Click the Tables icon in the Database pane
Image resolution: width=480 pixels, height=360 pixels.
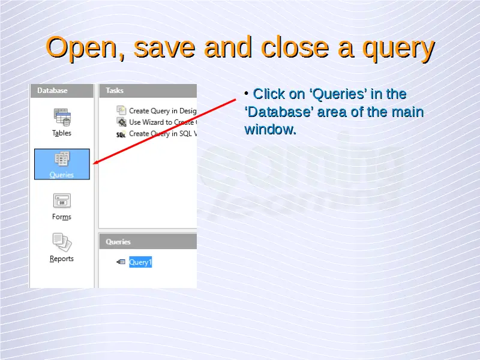pyautogui.click(x=62, y=117)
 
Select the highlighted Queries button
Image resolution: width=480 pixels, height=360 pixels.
pyautogui.click(x=62, y=164)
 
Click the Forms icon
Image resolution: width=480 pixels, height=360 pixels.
pyautogui.click(x=62, y=201)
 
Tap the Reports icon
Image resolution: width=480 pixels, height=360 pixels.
pyautogui.click(x=62, y=242)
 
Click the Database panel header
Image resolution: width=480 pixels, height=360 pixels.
pyautogui.click(x=62, y=91)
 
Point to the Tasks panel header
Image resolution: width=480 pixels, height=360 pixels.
pyautogui.click(x=148, y=91)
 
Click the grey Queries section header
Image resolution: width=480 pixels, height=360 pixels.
pyautogui.click(x=148, y=242)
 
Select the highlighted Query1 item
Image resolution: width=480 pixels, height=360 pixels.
pyautogui.click(x=140, y=262)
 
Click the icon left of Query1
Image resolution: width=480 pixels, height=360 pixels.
pyautogui.click(x=121, y=262)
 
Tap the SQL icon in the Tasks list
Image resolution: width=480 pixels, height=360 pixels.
pyautogui.click(x=121, y=134)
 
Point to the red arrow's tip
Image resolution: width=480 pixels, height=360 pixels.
pyautogui.click(x=93, y=164)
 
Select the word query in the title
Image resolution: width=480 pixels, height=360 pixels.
pyautogui.click(x=398, y=49)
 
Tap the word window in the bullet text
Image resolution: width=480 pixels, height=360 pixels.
pyautogui.click(x=270, y=130)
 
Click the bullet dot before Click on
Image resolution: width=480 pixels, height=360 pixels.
pyautogui.click(x=247, y=93)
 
